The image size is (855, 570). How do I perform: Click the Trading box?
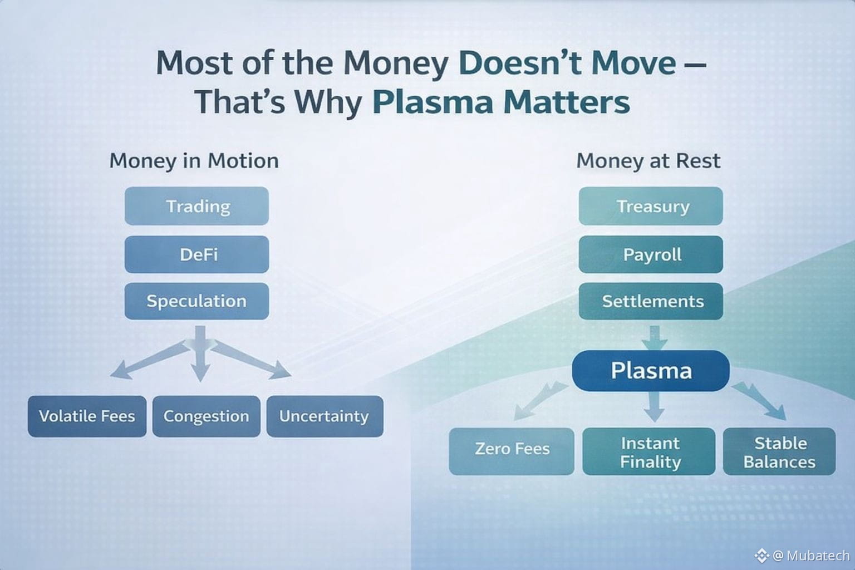(x=196, y=206)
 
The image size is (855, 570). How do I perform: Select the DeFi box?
(x=196, y=254)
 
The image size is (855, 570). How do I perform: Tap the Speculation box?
(x=196, y=301)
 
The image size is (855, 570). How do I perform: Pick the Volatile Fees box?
(x=87, y=416)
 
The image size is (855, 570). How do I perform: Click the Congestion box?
(x=207, y=416)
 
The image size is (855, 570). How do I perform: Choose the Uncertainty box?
(x=325, y=416)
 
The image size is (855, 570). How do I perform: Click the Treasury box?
(x=651, y=206)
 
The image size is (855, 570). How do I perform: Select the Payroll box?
(x=651, y=254)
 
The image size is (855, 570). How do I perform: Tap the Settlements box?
(x=651, y=301)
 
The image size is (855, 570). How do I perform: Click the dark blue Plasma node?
(x=651, y=371)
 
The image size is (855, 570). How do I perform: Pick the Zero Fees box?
(x=512, y=451)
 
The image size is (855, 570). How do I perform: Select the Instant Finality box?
(x=649, y=451)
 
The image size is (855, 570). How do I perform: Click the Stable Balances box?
(x=779, y=451)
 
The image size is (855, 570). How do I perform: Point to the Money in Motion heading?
(x=194, y=161)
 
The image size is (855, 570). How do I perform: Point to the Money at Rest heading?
(x=648, y=160)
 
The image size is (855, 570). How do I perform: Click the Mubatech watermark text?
(x=812, y=556)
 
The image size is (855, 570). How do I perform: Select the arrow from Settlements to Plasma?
(x=654, y=338)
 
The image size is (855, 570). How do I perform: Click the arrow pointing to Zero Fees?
(x=540, y=401)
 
